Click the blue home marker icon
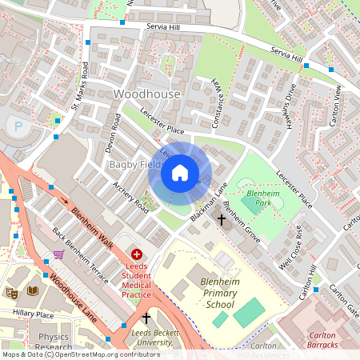(x=180, y=173)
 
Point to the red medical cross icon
(x=136, y=254)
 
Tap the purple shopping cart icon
(x=58, y=254)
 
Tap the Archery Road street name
(x=131, y=198)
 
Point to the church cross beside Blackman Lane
(x=221, y=218)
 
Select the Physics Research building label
(x=54, y=342)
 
